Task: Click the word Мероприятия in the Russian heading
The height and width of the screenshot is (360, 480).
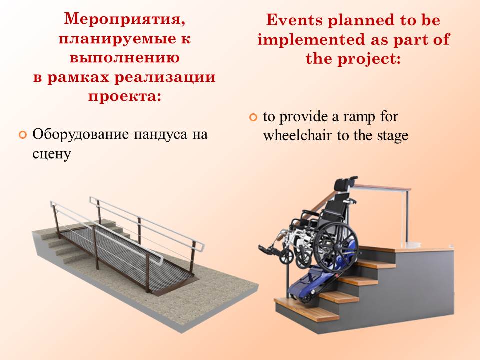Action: pyautogui.click(x=125, y=20)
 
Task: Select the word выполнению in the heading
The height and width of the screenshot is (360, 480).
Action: pyautogui.click(x=125, y=58)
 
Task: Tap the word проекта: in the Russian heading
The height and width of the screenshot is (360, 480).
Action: pyautogui.click(x=125, y=96)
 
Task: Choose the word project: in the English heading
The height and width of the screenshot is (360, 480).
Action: pyautogui.click(x=369, y=59)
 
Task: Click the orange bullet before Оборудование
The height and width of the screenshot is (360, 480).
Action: pyautogui.click(x=23, y=134)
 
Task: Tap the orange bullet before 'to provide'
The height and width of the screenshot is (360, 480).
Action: pyautogui.click(x=254, y=117)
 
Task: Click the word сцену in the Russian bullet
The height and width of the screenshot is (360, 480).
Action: pyautogui.click(x=51, y=154)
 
